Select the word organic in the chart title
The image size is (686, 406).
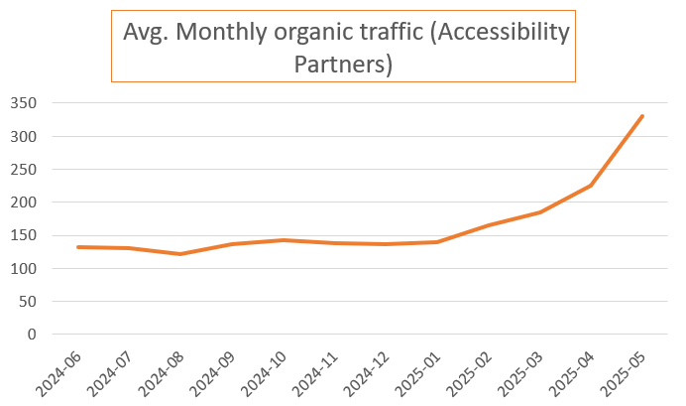pos(326,32)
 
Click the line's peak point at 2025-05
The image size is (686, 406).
pos(642,116)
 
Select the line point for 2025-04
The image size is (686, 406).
pos(591,186)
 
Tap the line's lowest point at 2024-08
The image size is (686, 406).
pos(179,254)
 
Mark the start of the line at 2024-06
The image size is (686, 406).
pos(77,247)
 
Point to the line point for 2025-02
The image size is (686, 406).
pos(488,225)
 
